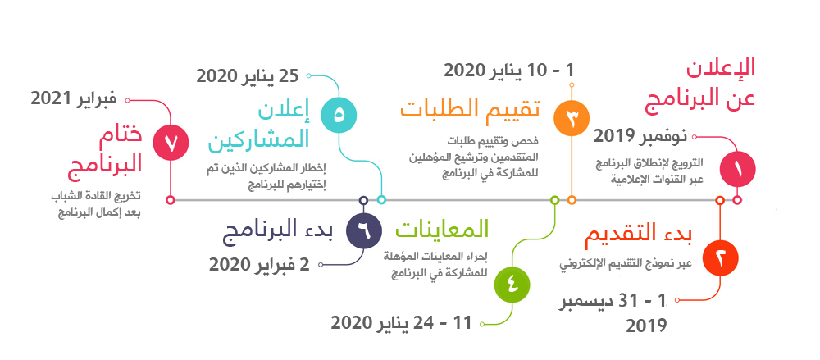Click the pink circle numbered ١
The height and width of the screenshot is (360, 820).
pos(737,169)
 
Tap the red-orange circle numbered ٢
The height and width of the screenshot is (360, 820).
pos(720,258)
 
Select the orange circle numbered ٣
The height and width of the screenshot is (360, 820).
pos(572,118)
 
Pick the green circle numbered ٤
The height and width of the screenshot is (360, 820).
pos(512,285)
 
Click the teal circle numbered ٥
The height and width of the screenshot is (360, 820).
pos(339,114)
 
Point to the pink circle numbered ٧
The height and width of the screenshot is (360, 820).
pos(171,142)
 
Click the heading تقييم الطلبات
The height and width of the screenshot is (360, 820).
pos(470,110)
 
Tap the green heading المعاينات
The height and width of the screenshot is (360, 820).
pos(442,229)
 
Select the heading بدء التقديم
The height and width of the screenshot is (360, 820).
pos(639,236)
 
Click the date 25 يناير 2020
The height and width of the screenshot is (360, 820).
pos(248,75)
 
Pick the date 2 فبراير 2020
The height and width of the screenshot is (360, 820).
pos(259,264)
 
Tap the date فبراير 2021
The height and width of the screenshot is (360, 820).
pos(73,99)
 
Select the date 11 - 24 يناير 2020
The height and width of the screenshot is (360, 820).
pos(401,323)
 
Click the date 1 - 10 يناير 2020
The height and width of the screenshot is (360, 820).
pos(509,70)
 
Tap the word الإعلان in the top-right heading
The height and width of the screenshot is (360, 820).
pos(721,70)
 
